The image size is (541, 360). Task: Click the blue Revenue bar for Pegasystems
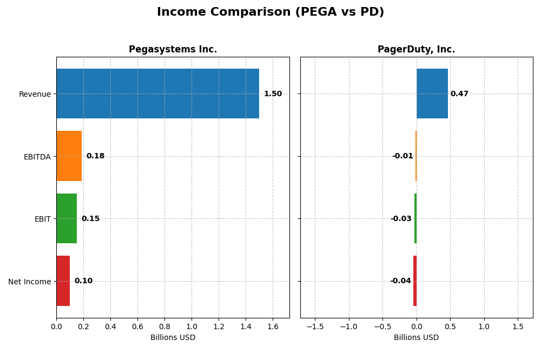[157, 94]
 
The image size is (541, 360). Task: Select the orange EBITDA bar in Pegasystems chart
[69, 156]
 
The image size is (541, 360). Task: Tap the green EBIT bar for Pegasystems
[67, 218]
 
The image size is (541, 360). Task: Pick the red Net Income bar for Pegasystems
[63, 281]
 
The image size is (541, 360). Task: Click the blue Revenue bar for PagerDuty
[432, 94]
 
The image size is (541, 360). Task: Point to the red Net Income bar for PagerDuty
[415, 281]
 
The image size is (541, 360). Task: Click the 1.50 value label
[273, 94]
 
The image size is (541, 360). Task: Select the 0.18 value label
[95, 156]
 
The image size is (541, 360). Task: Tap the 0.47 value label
[459, 94]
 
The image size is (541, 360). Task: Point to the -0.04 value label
[400, 281]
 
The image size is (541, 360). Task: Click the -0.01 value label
[403, 156]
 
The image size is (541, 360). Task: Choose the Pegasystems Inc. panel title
[173, 50]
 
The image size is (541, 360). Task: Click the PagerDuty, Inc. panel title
[416, 50]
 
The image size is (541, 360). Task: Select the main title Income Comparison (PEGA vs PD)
[270, 12]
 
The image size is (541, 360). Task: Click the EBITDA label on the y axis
[37, 157]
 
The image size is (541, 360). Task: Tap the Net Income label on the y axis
[29, 282]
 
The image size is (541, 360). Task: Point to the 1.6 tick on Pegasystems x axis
[273, 326]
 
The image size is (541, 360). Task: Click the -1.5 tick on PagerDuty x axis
[315, 326]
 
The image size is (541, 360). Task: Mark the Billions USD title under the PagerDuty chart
[416, 338]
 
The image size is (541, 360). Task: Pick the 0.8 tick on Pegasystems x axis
[164, 326]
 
